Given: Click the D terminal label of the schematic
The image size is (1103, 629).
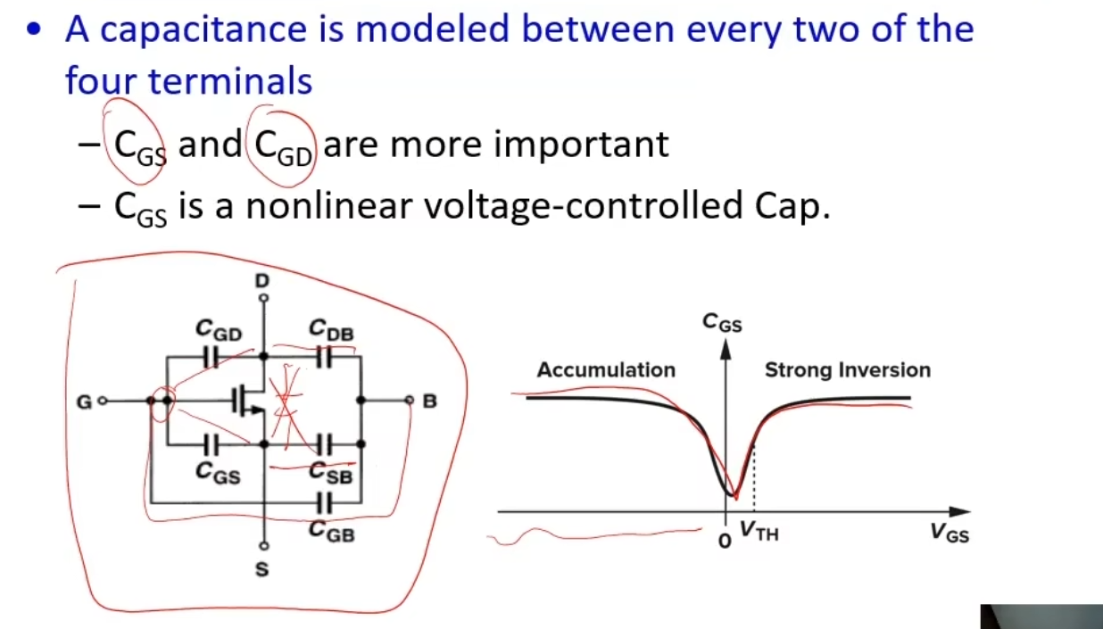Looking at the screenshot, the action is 262,281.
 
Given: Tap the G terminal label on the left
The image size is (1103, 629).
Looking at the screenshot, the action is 84,402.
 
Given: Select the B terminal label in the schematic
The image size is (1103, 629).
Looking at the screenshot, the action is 430,401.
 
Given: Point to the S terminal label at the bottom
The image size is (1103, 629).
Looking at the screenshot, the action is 262,569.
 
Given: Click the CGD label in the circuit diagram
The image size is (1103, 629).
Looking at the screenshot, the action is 219,330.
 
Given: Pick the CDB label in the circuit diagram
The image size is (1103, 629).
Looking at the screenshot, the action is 331,330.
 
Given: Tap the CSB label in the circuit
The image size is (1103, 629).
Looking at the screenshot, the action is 331,473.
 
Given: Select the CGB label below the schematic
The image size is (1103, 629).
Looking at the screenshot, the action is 332,532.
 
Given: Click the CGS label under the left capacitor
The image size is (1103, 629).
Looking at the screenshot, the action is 218,473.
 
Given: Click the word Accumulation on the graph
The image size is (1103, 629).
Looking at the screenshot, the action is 606,370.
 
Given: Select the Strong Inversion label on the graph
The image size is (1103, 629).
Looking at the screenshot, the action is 848,370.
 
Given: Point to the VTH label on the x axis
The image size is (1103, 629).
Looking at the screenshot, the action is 759,531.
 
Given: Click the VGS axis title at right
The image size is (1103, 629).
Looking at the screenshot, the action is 950,533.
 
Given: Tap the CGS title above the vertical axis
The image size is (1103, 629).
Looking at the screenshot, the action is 722,323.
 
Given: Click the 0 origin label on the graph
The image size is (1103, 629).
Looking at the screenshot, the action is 725,542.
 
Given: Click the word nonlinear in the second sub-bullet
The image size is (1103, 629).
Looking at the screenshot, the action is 328,206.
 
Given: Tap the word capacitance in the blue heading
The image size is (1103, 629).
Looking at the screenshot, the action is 203,29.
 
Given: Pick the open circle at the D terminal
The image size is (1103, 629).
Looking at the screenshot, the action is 264,298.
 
